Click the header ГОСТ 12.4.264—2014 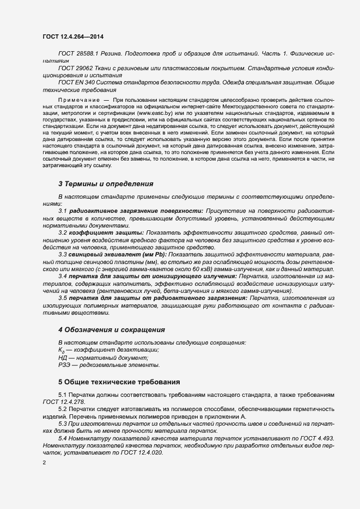(73, 36)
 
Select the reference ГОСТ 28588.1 (77, 55)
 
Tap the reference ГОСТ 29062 (75, 68)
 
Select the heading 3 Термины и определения (106, 184)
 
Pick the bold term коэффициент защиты (105, 234)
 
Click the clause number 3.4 (62, 277)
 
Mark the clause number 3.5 (62, 298)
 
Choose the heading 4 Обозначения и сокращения (112, 330)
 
